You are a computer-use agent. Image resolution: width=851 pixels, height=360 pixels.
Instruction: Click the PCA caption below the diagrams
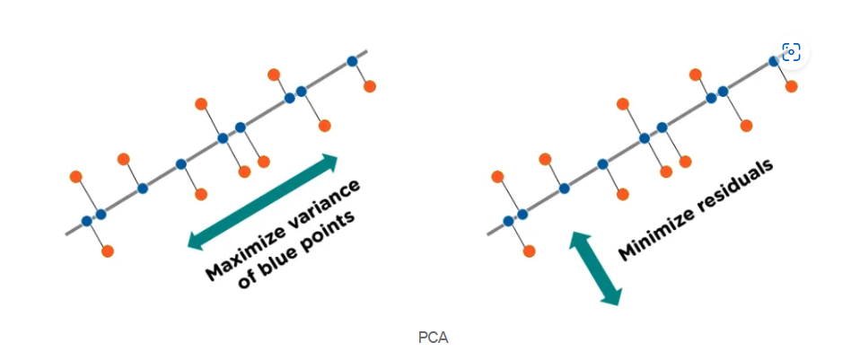pyautogui.click(x=433, y=338)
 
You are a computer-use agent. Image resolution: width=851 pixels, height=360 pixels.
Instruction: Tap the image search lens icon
pyautogui.click(x=791, y=52)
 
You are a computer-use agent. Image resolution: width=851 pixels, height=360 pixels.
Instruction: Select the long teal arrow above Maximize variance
pyautogui.click(x=262, y=201)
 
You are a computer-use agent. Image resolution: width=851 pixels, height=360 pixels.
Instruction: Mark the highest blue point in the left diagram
pyautogui.click(x=353, y=61)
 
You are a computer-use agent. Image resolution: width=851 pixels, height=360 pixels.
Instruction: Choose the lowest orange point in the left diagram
pyautogui.click(x=108, y=251)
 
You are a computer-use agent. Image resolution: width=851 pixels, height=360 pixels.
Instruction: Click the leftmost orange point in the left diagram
pyautogui.click(x=76, y=176)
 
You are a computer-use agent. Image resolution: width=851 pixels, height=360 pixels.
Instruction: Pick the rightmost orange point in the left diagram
pyautogui.click(x=370, y=86)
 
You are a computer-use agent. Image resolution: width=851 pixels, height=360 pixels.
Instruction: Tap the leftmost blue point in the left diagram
pyautogui.click(x=87, y=221)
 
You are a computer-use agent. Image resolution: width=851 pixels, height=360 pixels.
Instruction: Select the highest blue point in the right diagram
pyautogui.click(x=775, y=61)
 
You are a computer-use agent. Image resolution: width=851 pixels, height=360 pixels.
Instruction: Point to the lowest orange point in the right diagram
pyautogui.click(x=530, y=251)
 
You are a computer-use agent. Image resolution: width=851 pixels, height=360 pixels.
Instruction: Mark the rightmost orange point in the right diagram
pyautogui.click(x=792, y=86)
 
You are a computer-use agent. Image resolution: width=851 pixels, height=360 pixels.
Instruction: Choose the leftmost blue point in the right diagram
pyautogui.click(x=509, y=221)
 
